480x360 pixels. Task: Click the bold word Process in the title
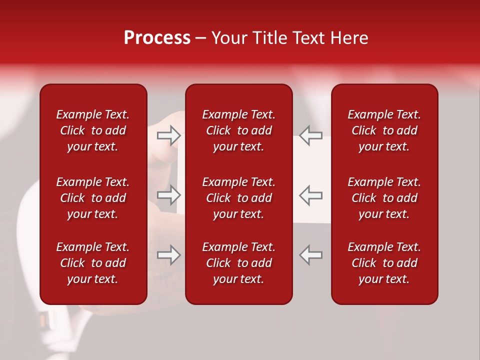(157, 38)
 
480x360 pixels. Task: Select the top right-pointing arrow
(169, 135)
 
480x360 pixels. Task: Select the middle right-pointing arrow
(169, 195)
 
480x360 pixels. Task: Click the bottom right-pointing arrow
(169, 254)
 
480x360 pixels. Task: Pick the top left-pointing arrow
(311, 135)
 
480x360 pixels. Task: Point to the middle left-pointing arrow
(311, 195)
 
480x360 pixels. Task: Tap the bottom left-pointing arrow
(311, 254)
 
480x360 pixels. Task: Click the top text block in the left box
(93, 130)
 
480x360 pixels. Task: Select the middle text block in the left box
(93, 198)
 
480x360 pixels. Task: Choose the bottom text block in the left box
(93, 263)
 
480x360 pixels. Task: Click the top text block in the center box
(238, 130)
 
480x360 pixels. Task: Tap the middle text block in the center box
(238, 198)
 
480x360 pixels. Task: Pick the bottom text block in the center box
(238, 263)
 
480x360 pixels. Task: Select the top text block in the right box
(384, 130)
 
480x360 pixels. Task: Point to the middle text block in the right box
(384, 198)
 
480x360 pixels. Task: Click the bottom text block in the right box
(384, 263)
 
